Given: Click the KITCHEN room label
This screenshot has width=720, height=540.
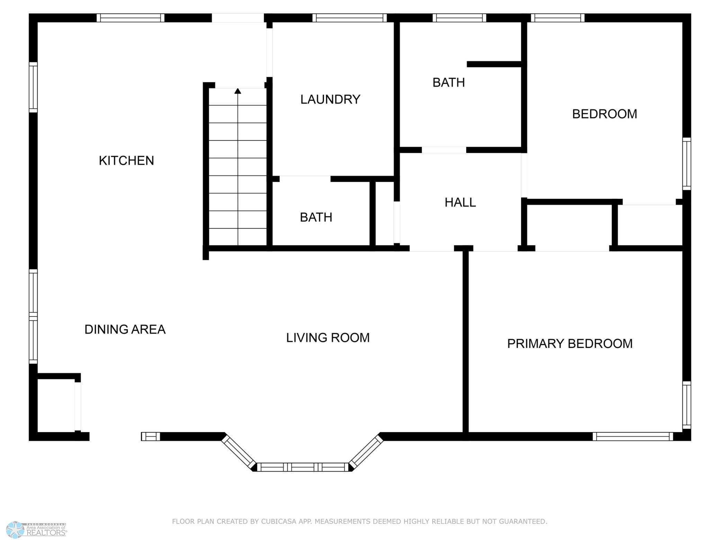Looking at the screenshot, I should point(126,161).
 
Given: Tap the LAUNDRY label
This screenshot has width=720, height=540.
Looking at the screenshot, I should point(330,99).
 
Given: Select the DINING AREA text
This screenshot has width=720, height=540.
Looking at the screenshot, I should point(125,329).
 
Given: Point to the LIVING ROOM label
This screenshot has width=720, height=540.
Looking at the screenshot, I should point(328,337).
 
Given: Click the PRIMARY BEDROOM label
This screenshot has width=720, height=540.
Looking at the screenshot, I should point(570,344).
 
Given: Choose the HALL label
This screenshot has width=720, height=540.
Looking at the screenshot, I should point(460,202).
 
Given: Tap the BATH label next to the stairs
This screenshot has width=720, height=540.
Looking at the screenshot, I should point(316,217).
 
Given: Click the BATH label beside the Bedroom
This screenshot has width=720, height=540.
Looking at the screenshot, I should point(448,82).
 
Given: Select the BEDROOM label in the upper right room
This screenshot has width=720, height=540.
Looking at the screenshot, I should point(604,114).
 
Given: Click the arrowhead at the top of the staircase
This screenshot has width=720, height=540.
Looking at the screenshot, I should point(238,91).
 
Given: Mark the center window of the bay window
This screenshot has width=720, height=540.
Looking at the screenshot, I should point(303,467).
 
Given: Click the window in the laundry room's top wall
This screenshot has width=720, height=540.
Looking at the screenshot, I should point(349,18).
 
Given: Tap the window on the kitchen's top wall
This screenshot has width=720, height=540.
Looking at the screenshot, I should point(130,18).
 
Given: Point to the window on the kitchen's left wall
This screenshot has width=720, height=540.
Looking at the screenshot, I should point(33,87).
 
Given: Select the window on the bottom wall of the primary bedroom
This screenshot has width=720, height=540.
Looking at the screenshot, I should point(632,436).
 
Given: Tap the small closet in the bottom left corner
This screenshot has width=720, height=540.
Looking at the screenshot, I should point(55,405).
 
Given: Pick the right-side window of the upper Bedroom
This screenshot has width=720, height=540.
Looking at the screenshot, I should point(686,164).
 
